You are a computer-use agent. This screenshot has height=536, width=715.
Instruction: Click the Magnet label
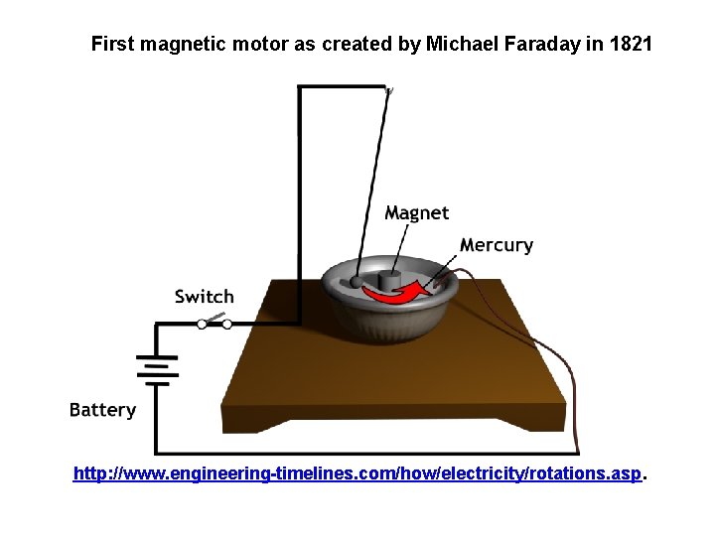click(x=416, y=213)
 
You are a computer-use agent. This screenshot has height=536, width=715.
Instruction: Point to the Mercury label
click(x=497, y=245)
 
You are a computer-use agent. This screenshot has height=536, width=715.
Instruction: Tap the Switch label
click(x=205, y=296)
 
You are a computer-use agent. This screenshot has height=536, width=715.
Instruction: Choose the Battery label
click(x=102, y=410)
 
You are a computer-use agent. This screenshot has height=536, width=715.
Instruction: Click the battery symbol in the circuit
click(x=156, y=370)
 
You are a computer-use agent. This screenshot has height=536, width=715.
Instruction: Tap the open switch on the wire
click(x=214, y=322)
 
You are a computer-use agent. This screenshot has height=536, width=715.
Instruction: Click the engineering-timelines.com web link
click(x=358, y=474)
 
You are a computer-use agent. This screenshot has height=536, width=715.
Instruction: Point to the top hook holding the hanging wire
click(x=388, y=90)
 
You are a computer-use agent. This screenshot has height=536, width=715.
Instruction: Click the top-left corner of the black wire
click(x=300, y=87)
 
